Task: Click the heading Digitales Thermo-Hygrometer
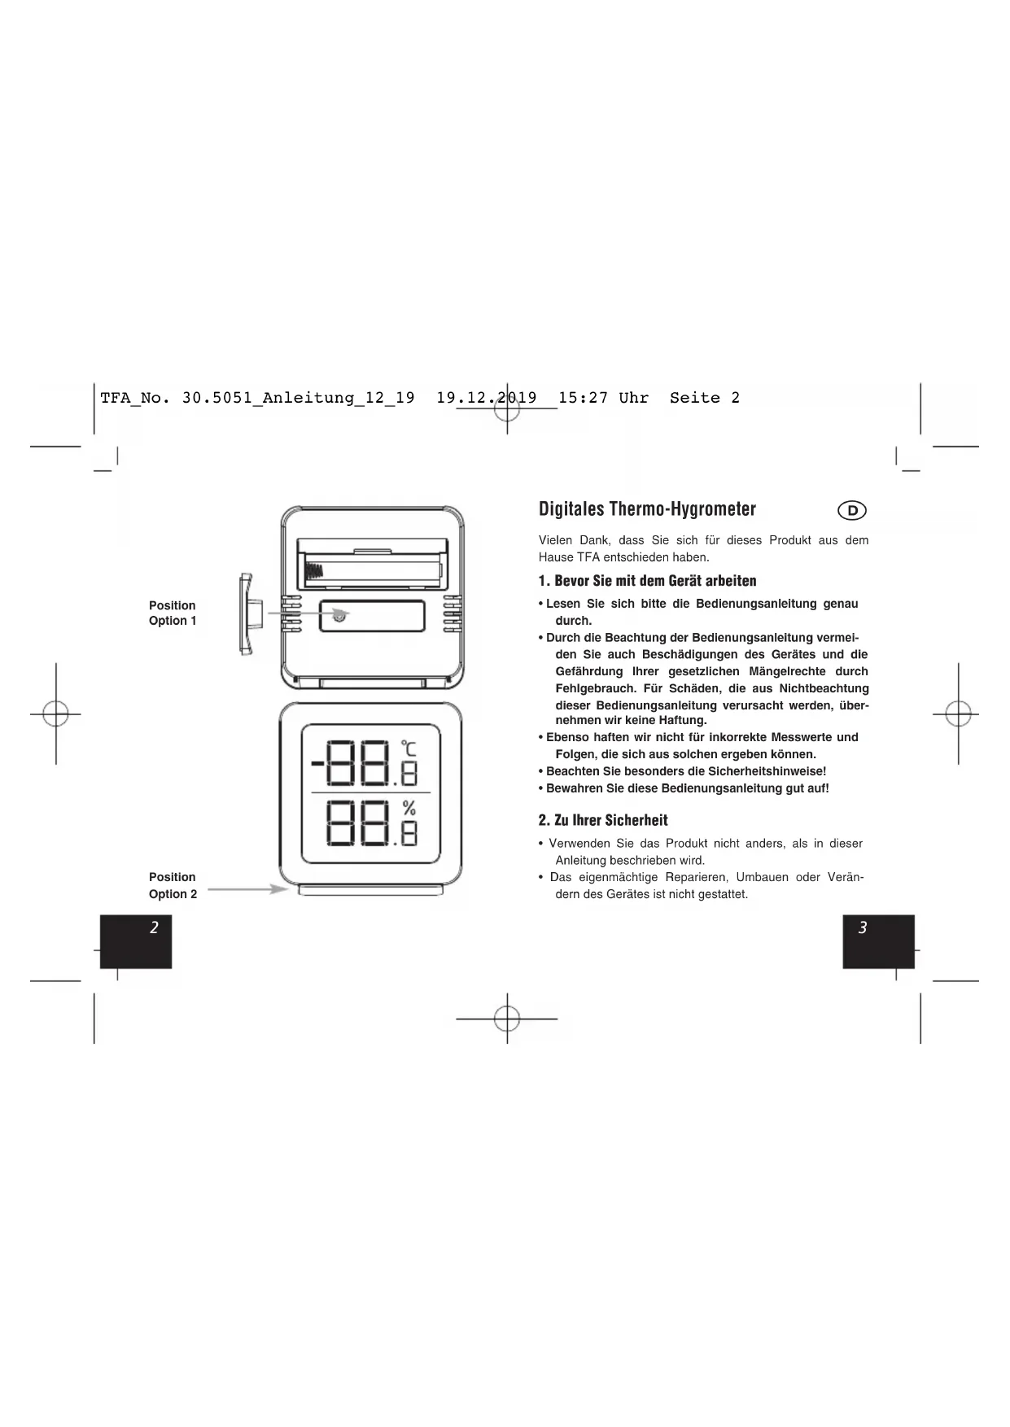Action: [x=647, y=510]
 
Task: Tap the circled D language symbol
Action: [x=852, y=511]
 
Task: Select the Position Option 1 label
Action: [x=173, y=613]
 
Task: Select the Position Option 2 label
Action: [x=173, y=885]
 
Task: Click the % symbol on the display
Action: [x=409, y=807]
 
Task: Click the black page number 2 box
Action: [x=136, y=940]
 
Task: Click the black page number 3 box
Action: [x=878, y=940]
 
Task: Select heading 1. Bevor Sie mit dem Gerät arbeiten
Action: [x=647, y=581]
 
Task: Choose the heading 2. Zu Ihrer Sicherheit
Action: [x=603, y=820]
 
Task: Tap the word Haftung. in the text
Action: [x=683, y=720]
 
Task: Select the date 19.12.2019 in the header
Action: [x=487, y=398]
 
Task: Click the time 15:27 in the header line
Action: [x=583, y=398]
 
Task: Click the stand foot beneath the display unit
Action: [x=371, y=890]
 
